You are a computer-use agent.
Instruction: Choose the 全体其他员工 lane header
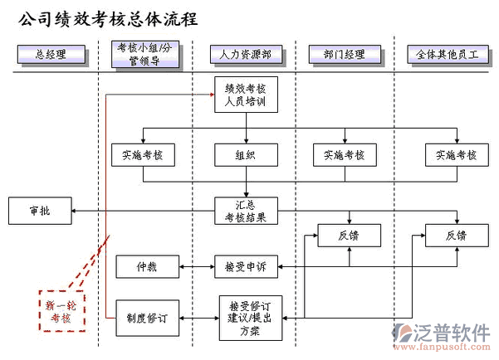point(449,56)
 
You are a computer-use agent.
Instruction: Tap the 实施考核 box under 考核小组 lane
point(143,154)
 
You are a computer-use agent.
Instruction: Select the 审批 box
point(40,211)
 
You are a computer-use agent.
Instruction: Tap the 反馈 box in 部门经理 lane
point(349,236)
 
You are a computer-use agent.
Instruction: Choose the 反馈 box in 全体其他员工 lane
point(456,236)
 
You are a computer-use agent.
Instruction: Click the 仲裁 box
point(136,267)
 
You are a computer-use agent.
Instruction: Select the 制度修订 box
point(147,317)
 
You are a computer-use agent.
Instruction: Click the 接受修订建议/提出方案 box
point(250,319)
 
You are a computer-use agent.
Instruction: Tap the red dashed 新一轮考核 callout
point(62,311)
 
